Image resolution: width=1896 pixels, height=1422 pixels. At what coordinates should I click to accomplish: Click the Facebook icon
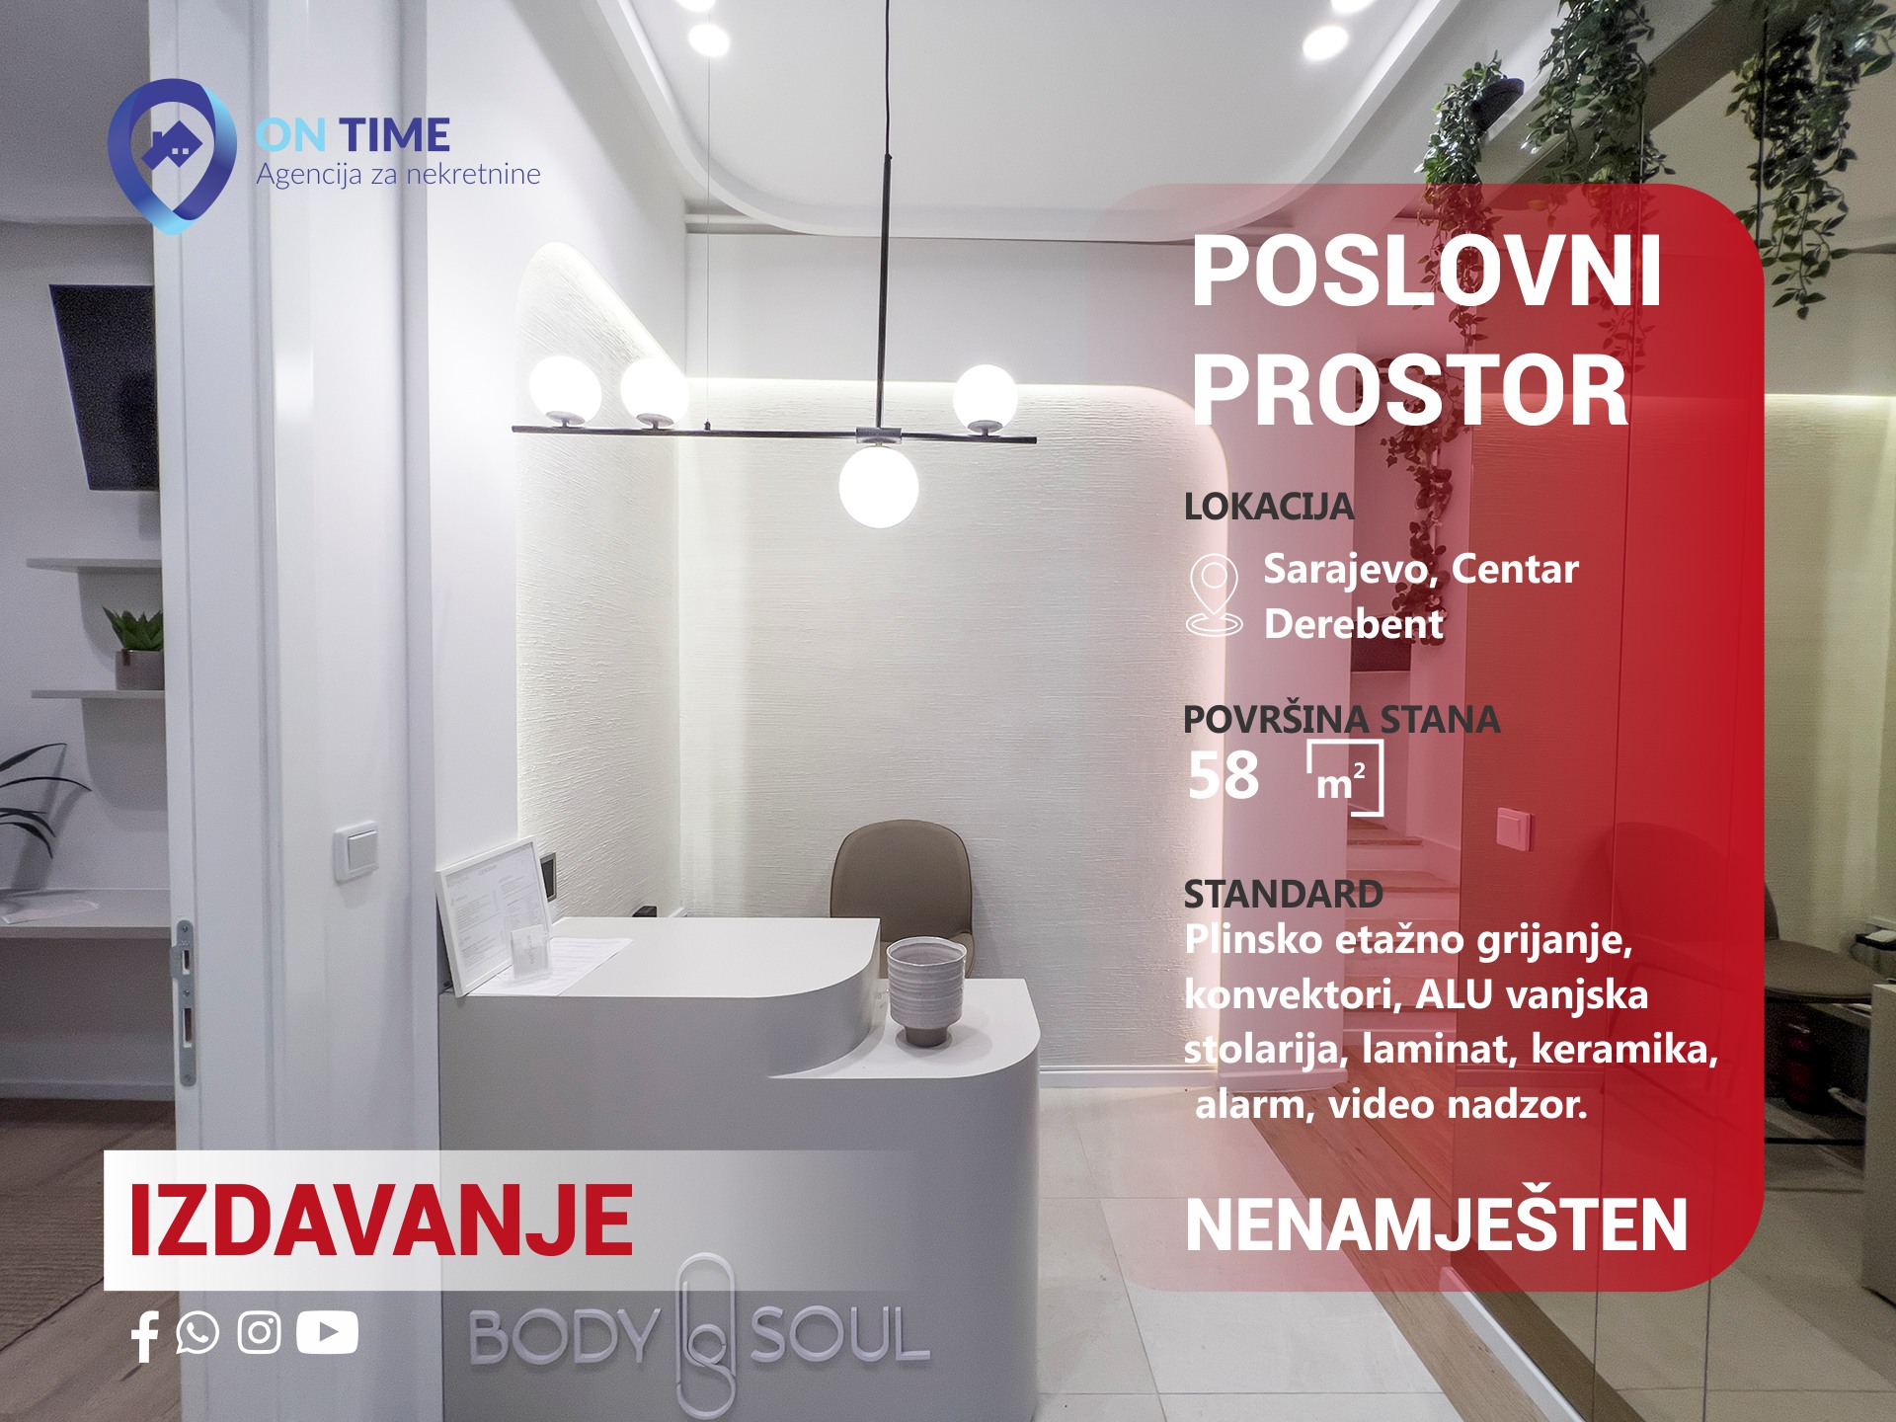point(144,1336)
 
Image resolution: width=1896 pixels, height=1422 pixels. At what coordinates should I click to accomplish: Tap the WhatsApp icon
point(197,1333)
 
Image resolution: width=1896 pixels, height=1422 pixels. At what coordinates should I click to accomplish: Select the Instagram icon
point(260,1333)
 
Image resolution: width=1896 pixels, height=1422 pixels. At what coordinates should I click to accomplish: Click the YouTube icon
point(327,1333)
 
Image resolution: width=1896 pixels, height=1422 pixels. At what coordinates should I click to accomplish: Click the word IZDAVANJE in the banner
point(381,1221)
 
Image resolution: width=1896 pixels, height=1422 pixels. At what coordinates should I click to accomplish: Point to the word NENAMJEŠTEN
point(1437,1225)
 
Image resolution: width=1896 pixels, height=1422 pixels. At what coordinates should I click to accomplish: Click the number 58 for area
point(1224,776)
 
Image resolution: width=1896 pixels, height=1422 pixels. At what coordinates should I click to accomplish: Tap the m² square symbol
point(1344,778)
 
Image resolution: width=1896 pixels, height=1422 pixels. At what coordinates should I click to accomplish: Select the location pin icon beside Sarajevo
point(1214,594)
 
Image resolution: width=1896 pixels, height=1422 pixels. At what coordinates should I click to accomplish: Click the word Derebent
point(1354,624)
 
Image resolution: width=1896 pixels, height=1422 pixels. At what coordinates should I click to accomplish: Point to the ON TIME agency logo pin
point(172,156)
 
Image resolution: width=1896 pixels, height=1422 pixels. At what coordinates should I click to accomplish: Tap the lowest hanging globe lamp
point(878,486)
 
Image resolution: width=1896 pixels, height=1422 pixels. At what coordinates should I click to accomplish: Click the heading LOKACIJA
point(1269,507)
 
